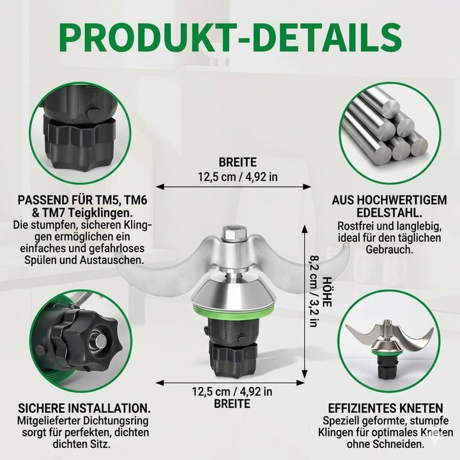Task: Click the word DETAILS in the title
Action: coord(328,38)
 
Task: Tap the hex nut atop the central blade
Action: coord(232,233)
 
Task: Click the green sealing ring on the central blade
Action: coord(234,312)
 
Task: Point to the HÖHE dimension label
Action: coord(327,292)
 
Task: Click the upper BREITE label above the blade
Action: coord(238,162)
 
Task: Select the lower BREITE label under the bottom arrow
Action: coord(232,404)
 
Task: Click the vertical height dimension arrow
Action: coord(305,302)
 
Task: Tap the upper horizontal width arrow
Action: coord(234,187)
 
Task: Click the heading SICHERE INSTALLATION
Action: coord(84,408)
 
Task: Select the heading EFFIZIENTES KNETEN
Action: coord(385,408)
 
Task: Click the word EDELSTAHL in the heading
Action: coord(389,212)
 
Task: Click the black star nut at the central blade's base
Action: coord(233,359)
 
